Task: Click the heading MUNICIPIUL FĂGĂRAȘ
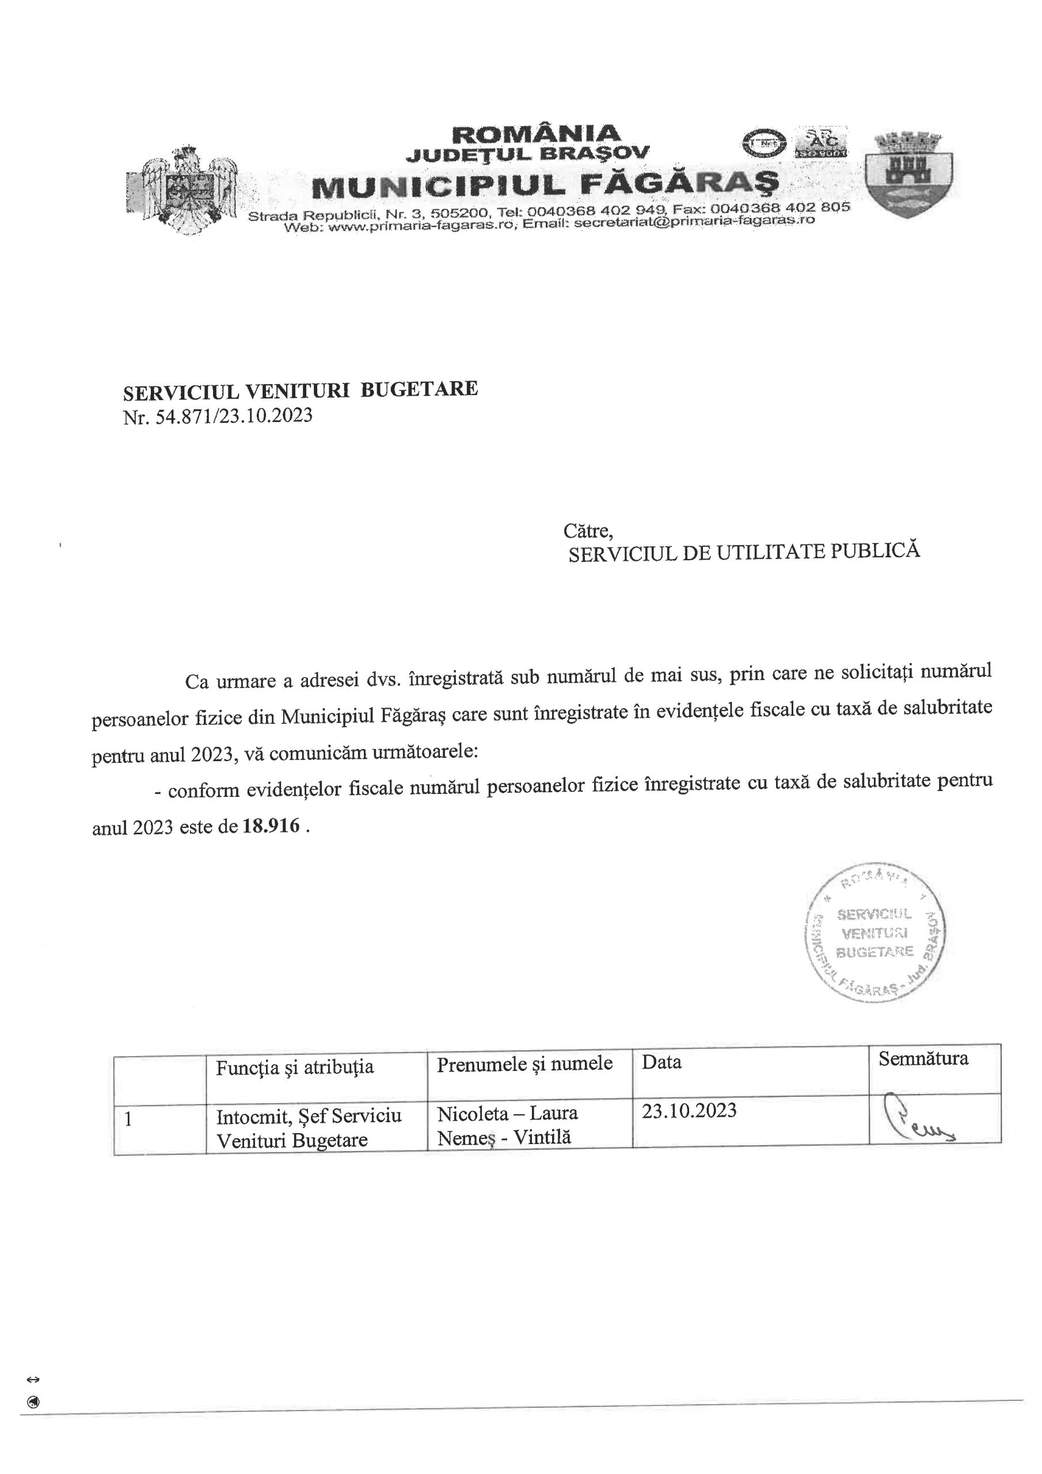[545, 185]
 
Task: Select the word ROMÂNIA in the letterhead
[537, 134]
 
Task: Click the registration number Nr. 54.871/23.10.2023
[218, 417]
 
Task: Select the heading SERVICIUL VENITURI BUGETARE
[301, 389]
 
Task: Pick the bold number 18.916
[272, 826]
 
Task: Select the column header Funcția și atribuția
[295, 1067]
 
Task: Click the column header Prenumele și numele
[524, 1064]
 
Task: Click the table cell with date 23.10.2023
[689, 1111]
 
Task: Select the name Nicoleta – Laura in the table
[507, 1112]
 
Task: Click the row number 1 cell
[129, 1119]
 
